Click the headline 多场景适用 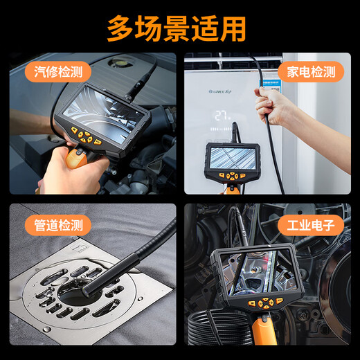[x=178, y=28]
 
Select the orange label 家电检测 [x=311, y=71]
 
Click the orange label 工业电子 [x=311, y=225]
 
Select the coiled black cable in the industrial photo [x=222, y=332]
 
